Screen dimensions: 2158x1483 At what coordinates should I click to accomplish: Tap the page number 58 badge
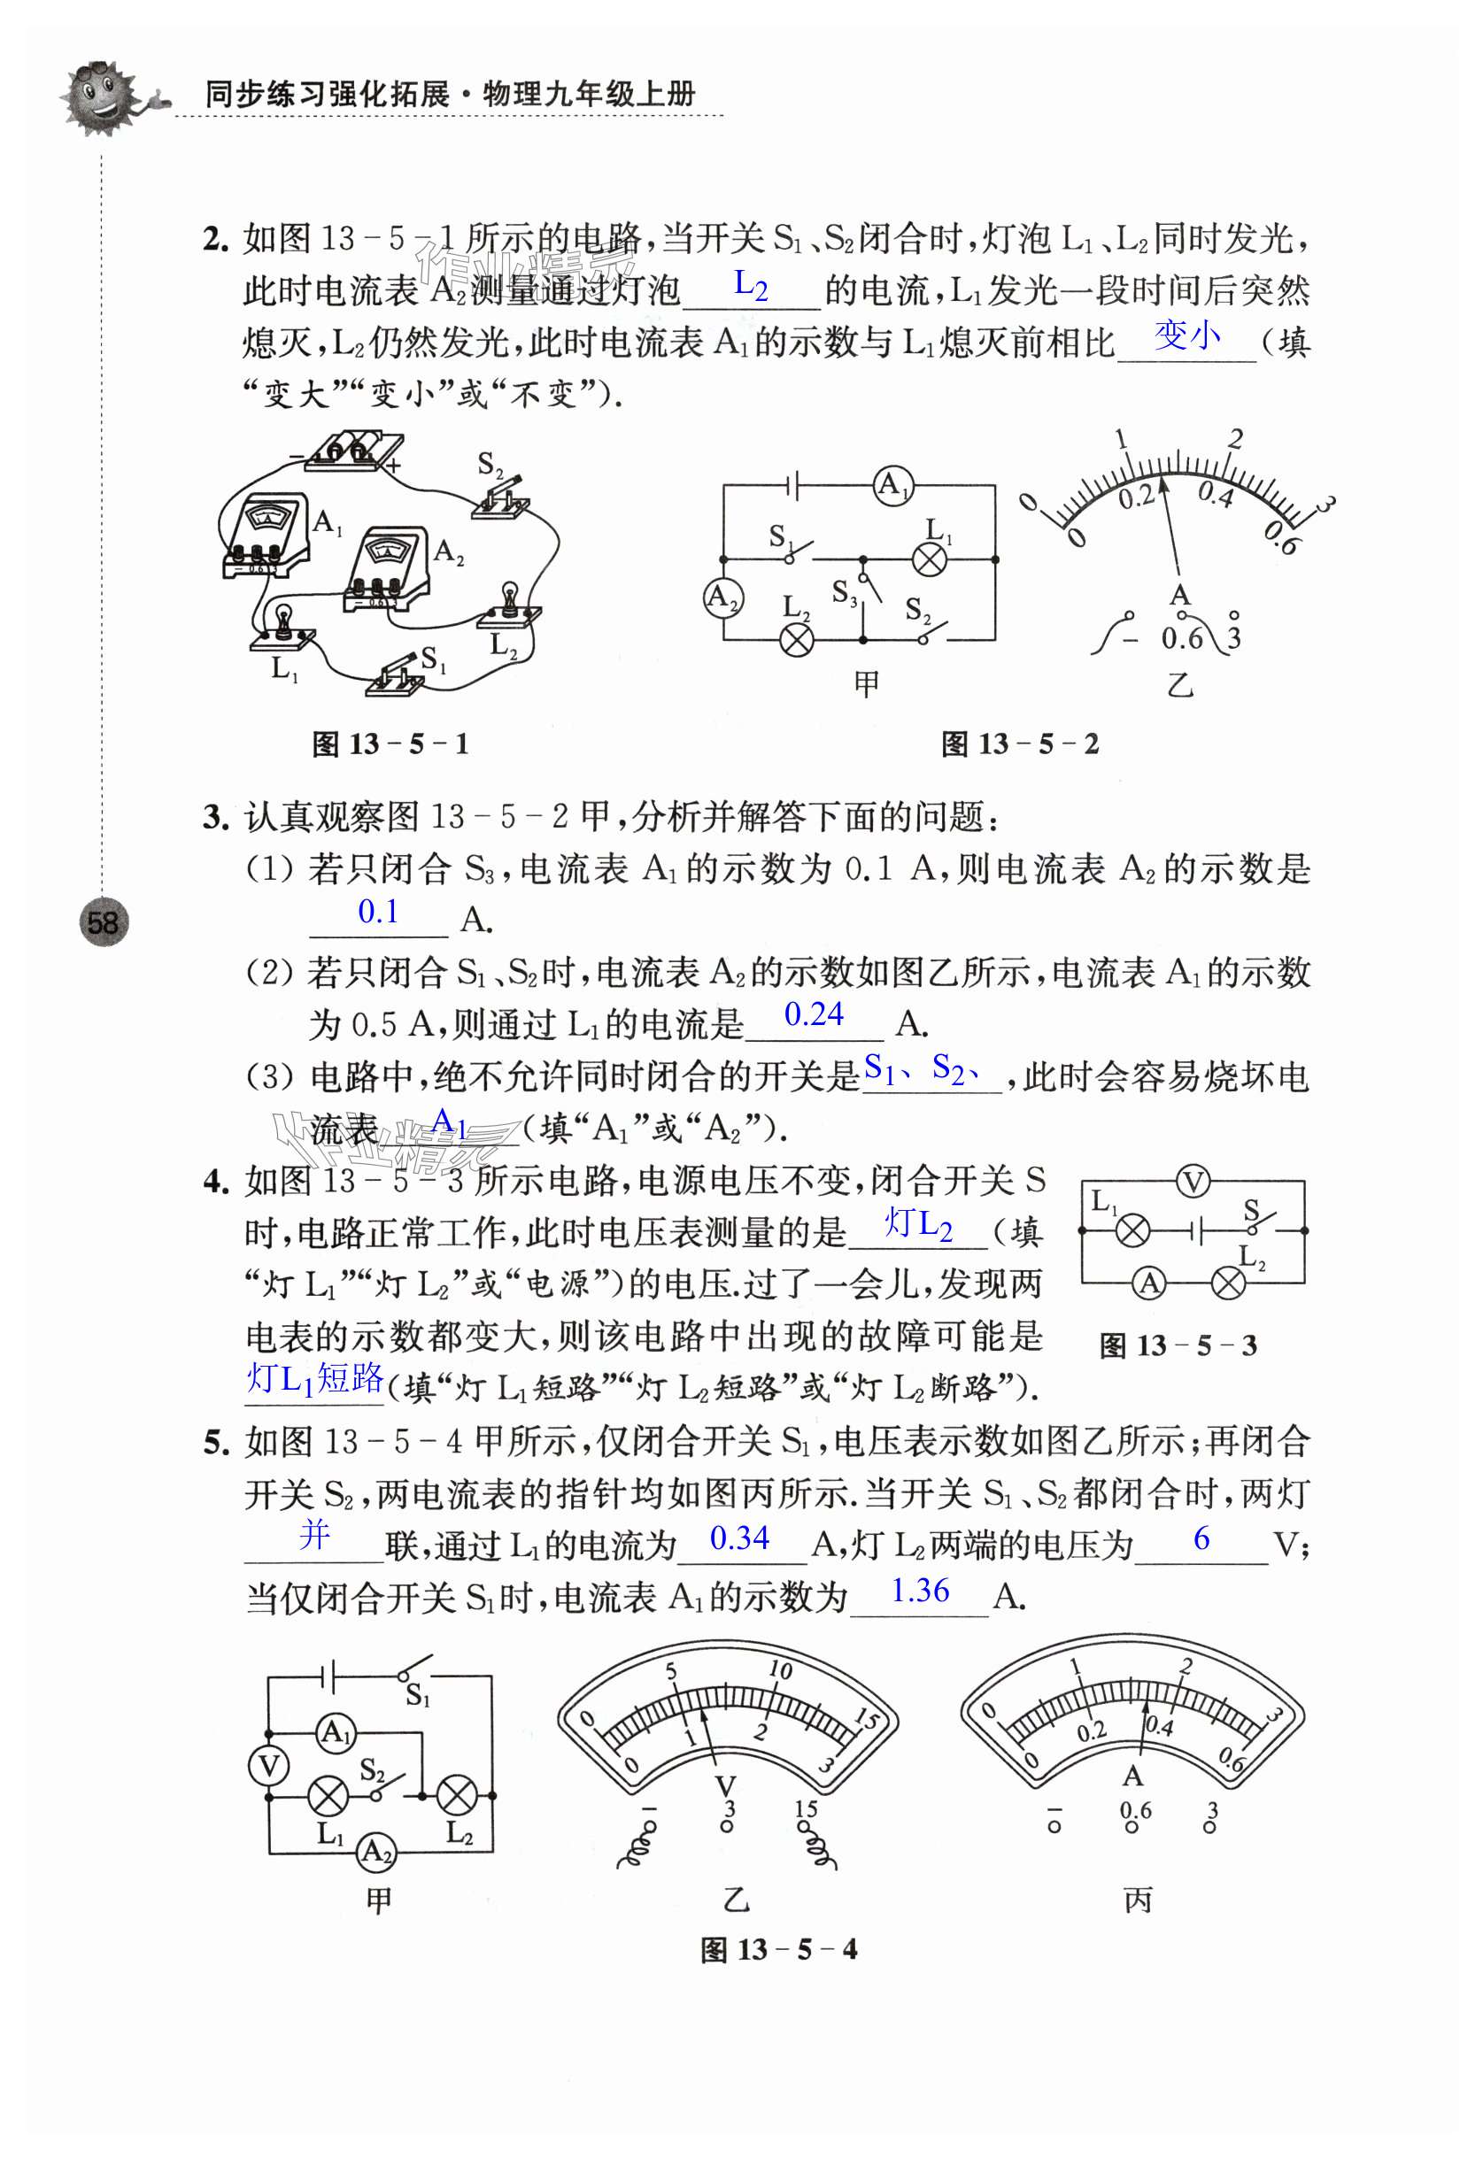[x=102, y=922]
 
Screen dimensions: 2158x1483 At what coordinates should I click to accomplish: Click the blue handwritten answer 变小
[x=1186, y=335]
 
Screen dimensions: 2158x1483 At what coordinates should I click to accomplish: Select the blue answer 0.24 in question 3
[x=813, y=1014]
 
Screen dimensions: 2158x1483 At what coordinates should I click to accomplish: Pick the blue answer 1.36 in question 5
[x=920, y=1592]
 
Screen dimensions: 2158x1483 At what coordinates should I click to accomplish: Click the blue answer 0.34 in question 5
[x=739, y=1538]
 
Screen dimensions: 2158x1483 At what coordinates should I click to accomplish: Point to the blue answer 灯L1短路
[x=315, y=1378]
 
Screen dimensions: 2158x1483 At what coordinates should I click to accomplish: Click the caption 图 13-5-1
[x=390, y=744]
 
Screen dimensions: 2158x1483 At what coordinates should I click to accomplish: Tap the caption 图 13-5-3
[x=1178, y=1346]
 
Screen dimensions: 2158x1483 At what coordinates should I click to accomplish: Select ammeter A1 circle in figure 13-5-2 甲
[x=893, y=485]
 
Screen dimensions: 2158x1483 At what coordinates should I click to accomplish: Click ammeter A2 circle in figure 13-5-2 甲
[x=723, y=597]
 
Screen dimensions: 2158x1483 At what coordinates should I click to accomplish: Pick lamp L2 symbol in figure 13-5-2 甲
[x=796, y=639]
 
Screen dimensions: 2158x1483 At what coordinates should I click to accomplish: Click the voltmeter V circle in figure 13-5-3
[x=1193, y=1182]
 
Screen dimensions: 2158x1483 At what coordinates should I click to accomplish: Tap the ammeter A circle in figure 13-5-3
[x=1149, y=1283]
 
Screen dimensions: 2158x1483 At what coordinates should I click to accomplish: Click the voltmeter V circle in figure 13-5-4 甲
[x=268, y=1765]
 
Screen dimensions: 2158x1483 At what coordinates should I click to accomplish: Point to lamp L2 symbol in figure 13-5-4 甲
[x=456, y=1796]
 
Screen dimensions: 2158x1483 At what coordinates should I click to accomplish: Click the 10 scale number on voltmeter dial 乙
[x=780, y=1670]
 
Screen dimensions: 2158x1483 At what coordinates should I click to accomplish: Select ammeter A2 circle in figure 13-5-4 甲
[x=376, y=1852]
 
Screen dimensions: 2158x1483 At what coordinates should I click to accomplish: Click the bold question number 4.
[x=214, y=1182]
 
